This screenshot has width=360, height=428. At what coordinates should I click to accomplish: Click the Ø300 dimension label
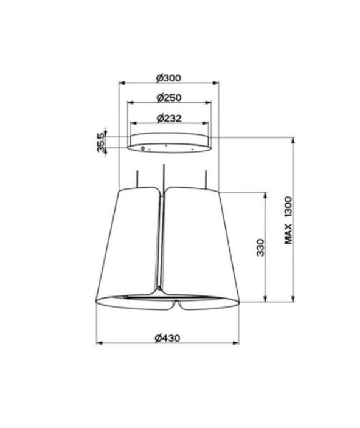click(168, 78)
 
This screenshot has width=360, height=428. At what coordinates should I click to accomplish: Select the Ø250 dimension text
click(169, 98)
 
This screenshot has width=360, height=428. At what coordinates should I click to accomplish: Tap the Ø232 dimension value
click(169, 118)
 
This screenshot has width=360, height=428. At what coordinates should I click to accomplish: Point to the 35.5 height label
click(101, 142)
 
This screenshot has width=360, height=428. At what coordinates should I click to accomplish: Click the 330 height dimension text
click(261, 247)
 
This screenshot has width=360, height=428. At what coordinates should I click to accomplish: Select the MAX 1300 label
click(288, 220)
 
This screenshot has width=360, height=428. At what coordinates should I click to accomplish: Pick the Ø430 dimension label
click(168, 338)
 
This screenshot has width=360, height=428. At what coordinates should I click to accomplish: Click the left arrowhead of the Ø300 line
click(122, 83)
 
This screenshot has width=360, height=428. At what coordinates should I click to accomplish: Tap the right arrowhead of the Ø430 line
click(236, 343)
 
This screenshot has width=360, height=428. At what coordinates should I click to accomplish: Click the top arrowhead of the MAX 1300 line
click(293, 140)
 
